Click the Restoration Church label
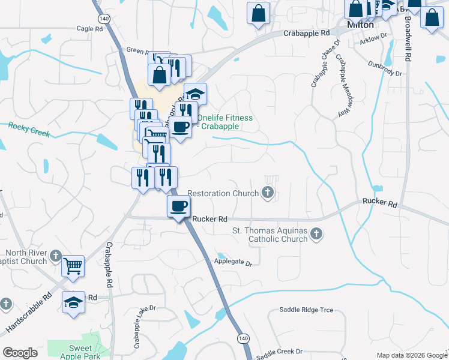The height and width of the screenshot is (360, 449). [223, 194]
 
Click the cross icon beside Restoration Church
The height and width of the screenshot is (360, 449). [268, 193]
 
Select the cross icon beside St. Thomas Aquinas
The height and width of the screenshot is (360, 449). [316, 235]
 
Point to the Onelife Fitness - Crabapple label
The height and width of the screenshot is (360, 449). [225, 122]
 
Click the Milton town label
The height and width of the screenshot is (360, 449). [361, 25]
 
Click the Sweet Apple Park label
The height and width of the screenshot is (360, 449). [80, 352]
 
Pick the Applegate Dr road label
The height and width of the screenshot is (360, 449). [233, 262]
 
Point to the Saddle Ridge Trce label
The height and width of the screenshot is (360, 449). [306, 310]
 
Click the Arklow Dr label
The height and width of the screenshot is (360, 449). [373, 38]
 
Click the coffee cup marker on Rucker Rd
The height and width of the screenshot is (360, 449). [178, 206]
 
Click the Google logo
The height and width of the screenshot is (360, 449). [20, 353]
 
